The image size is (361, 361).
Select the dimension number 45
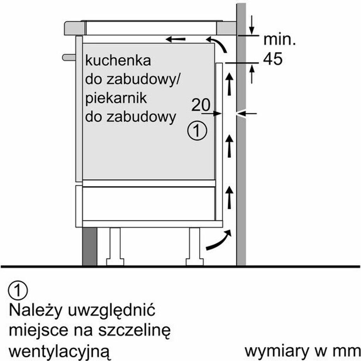point(273,59)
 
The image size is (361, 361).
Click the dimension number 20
point(201,105)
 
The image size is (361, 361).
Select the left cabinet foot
point(115,247)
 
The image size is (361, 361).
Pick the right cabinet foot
point(195,247)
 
